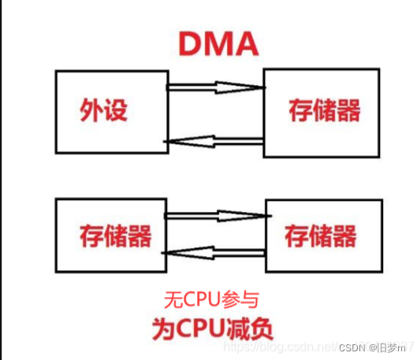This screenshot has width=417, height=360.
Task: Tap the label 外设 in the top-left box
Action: tap(103, 109)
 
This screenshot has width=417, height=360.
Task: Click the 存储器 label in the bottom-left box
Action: tap(115, 234)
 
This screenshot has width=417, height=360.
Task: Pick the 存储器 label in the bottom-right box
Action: tap(321, 235)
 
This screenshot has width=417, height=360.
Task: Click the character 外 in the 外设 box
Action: tap(91, 109)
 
